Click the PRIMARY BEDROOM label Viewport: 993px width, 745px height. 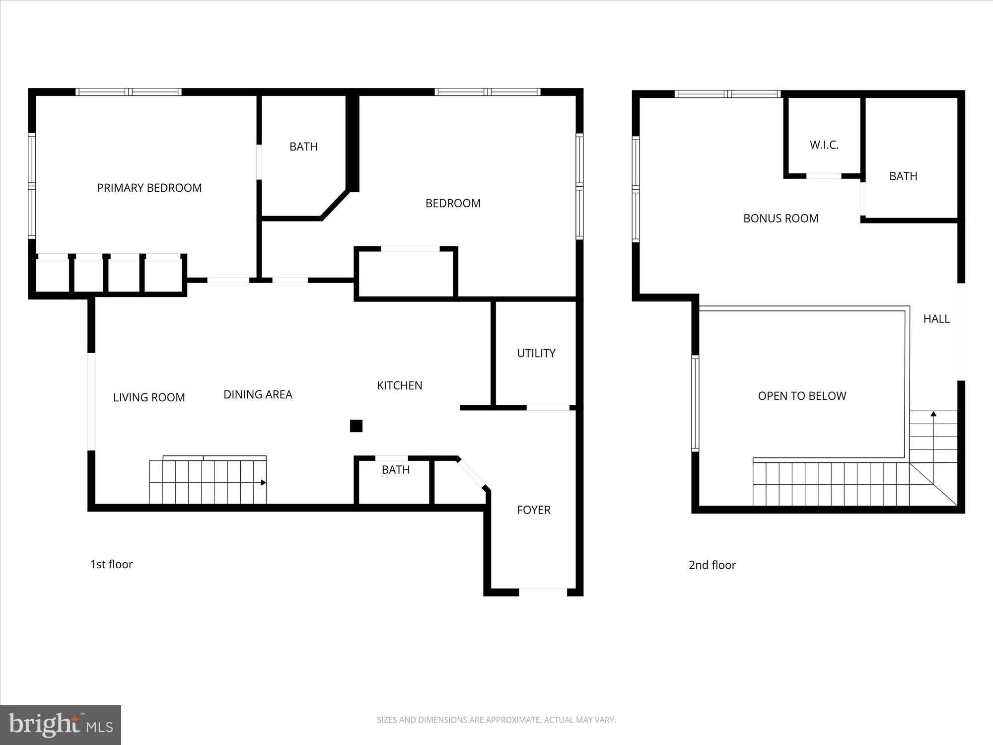click(149, 188)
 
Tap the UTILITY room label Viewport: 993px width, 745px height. click(536, 353)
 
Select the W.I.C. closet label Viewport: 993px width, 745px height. click(824, 145)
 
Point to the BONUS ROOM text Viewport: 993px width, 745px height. click(780, 218)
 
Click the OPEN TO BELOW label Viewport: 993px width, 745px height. click(801, 396)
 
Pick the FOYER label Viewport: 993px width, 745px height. click(533, 510)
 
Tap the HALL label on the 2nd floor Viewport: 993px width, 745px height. click(936, 319)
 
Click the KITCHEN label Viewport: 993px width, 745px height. click(399, 385)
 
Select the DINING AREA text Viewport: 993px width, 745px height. click(258, 394)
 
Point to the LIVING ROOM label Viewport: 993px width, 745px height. click(149, 397)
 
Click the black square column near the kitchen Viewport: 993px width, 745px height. click(356, 426)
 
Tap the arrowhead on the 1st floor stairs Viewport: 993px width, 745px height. click(263, 482)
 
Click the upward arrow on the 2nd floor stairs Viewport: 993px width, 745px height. click(933, 414)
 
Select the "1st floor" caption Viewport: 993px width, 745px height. click(111, 564)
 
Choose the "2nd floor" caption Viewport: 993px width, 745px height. click(712, 565)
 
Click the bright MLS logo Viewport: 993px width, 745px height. click(61, 725)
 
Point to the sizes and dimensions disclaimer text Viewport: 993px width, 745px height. click(496, 720)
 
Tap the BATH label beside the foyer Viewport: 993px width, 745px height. click(395, 469)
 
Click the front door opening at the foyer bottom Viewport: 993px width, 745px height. click(543, 592)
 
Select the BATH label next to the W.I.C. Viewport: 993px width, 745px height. click(903, 176)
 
